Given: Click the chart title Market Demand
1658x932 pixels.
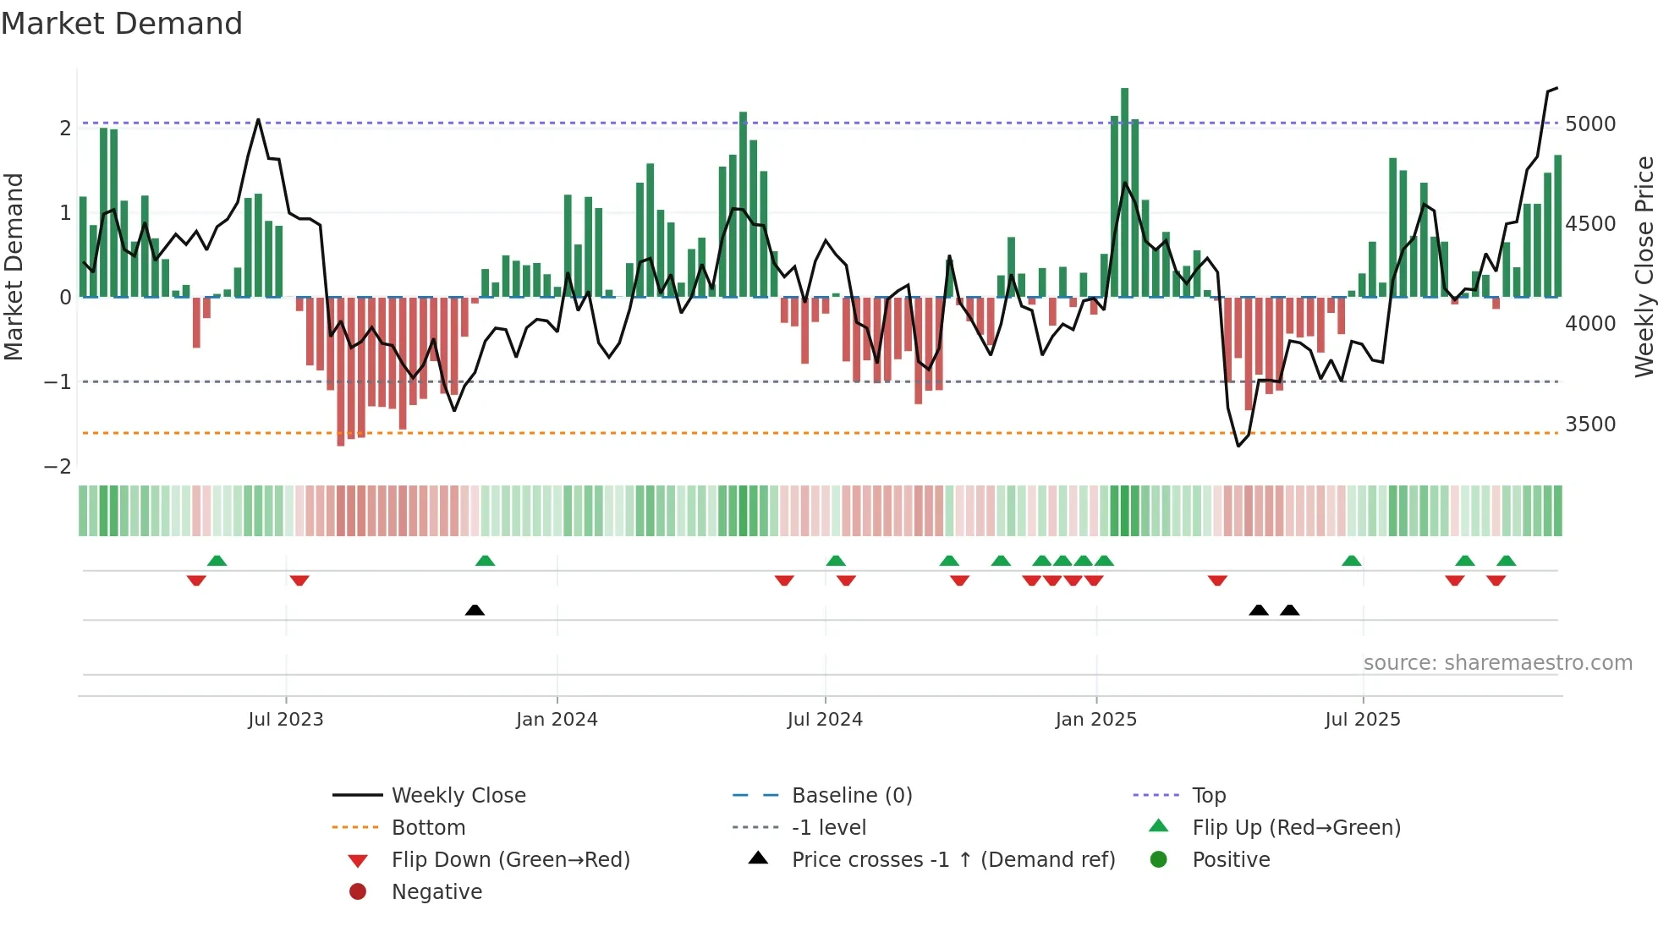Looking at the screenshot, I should pyautogui.click(x=122, y=24).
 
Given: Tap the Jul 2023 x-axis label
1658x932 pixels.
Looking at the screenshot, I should pyautogui.click(x=285, y=720).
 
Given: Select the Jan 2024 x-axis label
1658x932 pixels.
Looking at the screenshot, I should pyautogui.click(x=557, y=720).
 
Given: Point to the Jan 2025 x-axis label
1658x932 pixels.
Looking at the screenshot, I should pyautogui.click(x=1095, y=720).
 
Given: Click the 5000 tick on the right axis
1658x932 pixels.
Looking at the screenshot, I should pyautogui.click(x=1590, y=124).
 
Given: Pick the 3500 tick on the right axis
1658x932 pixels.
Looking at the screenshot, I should pyautogui.click(x=1590, y=425).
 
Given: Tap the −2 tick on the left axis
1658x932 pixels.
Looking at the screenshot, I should pyautogui.click(x=58, y=467).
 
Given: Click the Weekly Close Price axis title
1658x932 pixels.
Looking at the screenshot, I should pyautogui.click(x=1644, y=266).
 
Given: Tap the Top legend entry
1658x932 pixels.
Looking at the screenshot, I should pyautogui.click(x=1208, y=796).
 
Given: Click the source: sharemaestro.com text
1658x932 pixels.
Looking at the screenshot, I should pyautogui.click(x=1497, y=663).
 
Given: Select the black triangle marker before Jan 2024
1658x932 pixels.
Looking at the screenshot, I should pyautogui.click(x=475, y=610).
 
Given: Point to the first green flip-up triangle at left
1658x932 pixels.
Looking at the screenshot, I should pyautogui.click(x=217, y=561).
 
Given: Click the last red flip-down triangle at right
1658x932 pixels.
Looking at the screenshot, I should pyautogui.click(x=1496, y=580).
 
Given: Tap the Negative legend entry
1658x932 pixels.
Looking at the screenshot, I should pyautogui.click(x=436, y=892).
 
